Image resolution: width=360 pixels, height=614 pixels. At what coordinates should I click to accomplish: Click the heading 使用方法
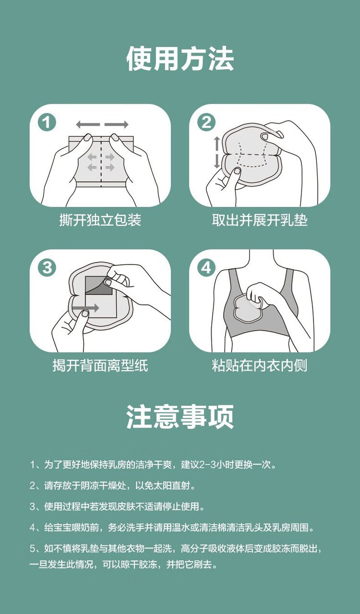(180, 59)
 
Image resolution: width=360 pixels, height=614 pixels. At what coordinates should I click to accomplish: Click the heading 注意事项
(180, 416)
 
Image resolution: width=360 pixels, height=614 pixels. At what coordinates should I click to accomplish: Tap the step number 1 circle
(47, 122)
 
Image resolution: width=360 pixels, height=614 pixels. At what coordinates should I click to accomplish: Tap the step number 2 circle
(206, 122)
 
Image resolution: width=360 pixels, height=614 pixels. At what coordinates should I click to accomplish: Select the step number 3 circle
(47, 267)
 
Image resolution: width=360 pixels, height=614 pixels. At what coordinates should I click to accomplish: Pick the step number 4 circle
(206, 267)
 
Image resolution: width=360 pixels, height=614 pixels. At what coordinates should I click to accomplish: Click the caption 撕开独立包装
(100, 220)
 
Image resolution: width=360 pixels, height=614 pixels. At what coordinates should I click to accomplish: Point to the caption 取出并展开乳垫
(260, 220)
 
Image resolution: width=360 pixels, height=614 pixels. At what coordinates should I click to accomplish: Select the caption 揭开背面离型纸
(100, 365)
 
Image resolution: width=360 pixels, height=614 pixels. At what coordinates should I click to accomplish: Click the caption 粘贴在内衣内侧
(260, 365)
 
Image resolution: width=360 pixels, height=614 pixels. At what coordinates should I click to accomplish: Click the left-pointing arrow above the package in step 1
(88, 124)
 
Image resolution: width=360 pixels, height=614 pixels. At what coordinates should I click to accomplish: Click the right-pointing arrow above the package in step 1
(117, 124)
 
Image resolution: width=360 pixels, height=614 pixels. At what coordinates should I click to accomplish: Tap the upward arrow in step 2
(216, 143)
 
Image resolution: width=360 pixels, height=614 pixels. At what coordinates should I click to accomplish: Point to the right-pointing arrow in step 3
(86, 308)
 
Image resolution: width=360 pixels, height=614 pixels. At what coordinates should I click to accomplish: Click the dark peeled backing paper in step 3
(98, 286)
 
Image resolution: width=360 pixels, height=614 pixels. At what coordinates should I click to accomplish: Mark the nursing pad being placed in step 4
(249, 309)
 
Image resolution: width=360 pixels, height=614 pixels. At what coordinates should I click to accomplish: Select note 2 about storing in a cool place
(113, 486)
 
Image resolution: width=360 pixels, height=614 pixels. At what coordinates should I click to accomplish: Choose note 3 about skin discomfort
(117, 506)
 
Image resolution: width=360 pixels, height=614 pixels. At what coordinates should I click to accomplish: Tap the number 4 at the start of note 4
(33, 528)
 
